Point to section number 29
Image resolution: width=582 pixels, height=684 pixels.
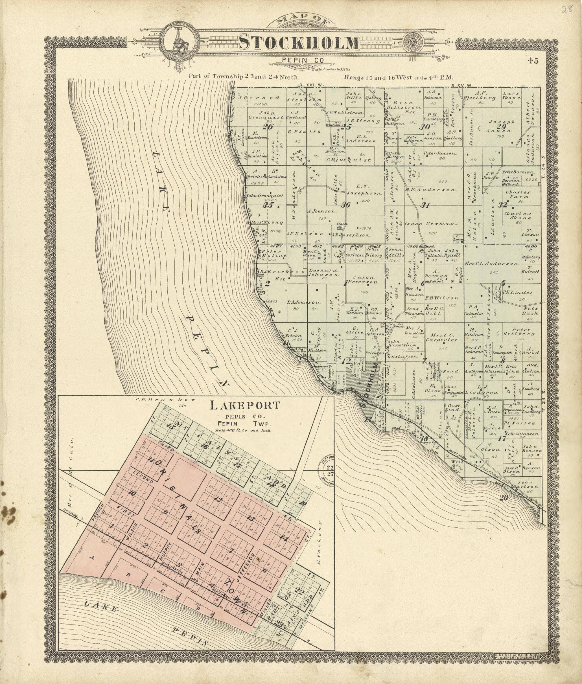502,127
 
